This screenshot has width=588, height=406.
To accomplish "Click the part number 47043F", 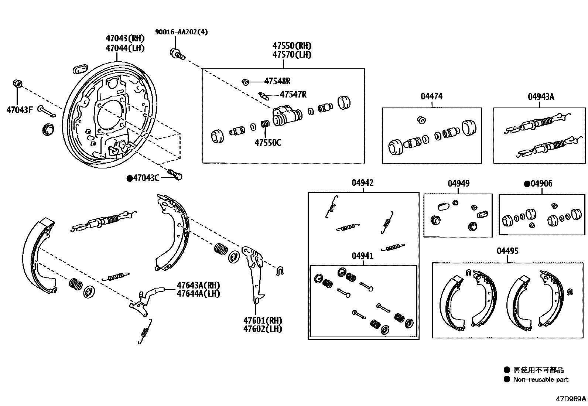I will (19, 109).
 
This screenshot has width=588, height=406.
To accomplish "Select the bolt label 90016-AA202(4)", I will (181, 32).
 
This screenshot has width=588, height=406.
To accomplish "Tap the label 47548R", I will (277, 81).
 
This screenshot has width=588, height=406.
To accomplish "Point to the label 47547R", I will (293, 95).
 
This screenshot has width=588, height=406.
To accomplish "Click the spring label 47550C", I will (267, 142).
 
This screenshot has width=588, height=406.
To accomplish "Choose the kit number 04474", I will (431, 96).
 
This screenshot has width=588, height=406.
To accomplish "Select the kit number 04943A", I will (541, 97).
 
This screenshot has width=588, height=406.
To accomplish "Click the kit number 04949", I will (458, 184).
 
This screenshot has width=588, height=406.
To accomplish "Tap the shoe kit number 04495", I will (507, 251).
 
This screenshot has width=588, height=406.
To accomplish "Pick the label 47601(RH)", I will (262, 320).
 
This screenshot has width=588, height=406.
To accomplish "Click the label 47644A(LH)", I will (198, 294).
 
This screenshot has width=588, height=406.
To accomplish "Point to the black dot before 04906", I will (527, 184).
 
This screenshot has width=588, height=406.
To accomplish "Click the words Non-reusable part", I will (540, 379).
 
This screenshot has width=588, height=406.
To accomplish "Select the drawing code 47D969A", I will (571, 399).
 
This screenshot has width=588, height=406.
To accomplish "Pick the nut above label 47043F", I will (17, 83).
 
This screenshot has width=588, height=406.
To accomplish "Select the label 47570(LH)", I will (292, 55).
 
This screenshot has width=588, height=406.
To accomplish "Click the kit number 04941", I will (362, 256).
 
